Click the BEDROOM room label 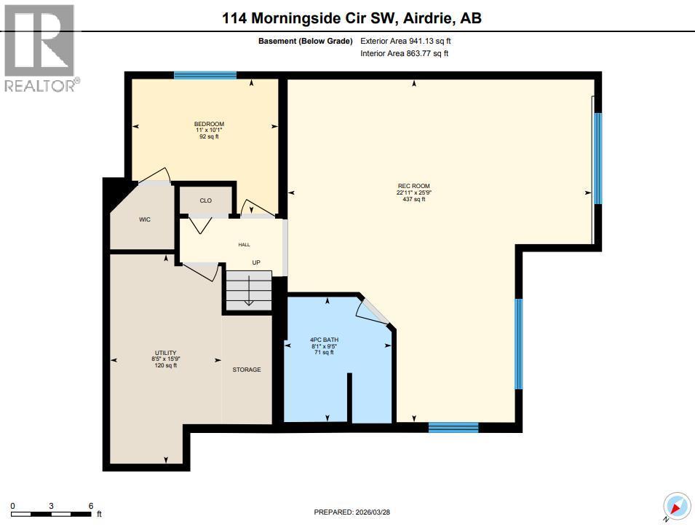204,124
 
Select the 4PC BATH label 324,340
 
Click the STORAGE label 247,370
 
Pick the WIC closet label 145,220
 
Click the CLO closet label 205,200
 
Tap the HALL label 244,245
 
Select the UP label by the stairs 256,262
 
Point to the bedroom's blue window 205,75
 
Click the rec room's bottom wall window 453,428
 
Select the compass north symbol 675,506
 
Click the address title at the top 352,17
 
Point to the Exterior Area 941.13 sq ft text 410,42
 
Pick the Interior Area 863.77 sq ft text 405,53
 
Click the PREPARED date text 352,512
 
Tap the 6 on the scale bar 90,506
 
